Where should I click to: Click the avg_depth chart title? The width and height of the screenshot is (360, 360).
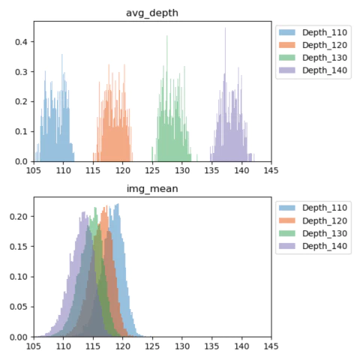pyautogui.click(x=152, y=13)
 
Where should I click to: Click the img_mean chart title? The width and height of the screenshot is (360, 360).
pyautogui.click(x=152, y=189)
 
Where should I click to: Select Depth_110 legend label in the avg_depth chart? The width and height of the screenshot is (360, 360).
pyautogui.click(x=325, y=32)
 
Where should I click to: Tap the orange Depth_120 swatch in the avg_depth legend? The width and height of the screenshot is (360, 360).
pyautogui.click(x=287, y=45)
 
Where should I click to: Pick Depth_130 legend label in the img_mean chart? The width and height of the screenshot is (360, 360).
pyautogui.click(x=325, y=233)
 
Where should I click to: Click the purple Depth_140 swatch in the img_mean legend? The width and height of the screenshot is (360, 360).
pyautogui.click(x=287, y=246)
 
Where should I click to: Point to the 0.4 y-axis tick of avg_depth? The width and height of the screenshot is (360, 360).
pyautogui.click(x=21, y=42)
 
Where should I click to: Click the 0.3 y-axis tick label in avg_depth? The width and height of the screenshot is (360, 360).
pyautogui.click(x=21, y=72)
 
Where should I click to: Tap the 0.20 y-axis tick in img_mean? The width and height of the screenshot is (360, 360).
pyautogui.click(x=19, y=217)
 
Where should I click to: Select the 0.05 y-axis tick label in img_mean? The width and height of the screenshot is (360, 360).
pyautogui.click(x=19, y=307)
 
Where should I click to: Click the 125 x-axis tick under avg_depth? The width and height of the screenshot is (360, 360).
pyautogui.click(x=152, y=170)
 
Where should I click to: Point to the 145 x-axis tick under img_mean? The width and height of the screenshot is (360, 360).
pyautogui.click(x=271, y=346)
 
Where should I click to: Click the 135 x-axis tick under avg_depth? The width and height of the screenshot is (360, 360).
pyautogui.click(x=211, y=170)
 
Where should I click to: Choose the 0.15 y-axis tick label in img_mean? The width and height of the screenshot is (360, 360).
pyautogui.click(x=19, y=247)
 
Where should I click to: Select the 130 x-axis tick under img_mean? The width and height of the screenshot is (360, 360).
pyautogui.click(x=182, y=346)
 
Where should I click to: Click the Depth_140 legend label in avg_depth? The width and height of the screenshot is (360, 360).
pyautogui.click(x=325, y=70)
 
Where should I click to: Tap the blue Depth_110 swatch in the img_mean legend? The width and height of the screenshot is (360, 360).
pyautogui.click(x=287, y=208)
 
